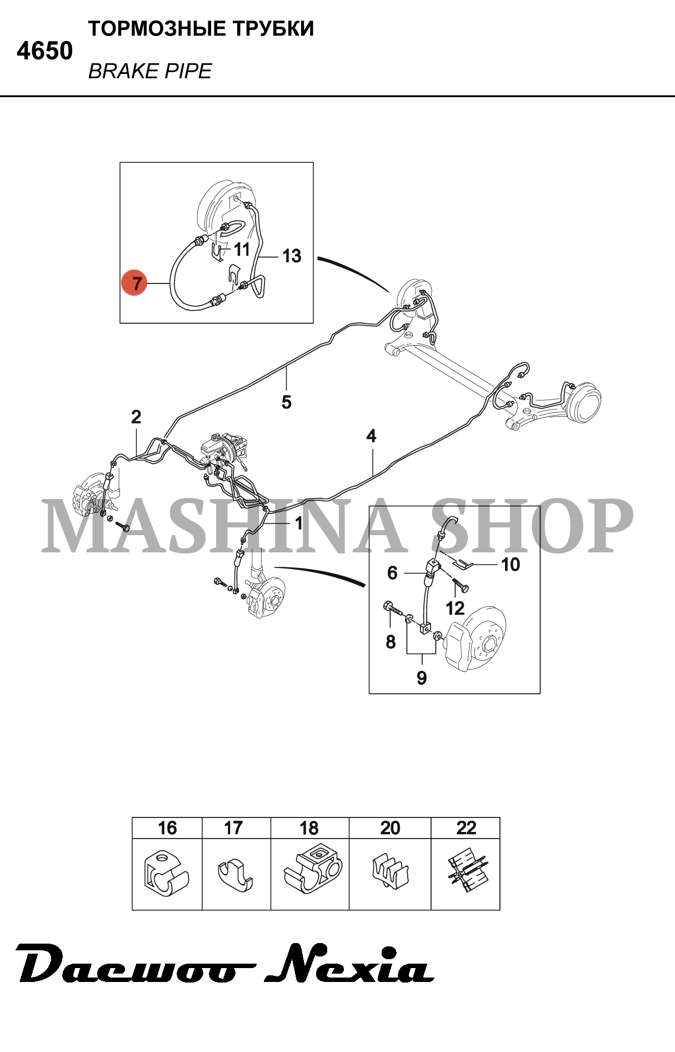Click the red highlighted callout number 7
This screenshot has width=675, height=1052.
[x=134, y=283]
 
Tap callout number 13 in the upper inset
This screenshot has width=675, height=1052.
[x=292, y=256]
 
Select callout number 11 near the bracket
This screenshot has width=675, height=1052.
[x=242, y=250]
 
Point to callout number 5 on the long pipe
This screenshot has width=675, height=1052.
[x=287, y=402]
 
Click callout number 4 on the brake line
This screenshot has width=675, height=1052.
[x=371, y=436]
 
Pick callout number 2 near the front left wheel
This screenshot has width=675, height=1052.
[x=136, y=417]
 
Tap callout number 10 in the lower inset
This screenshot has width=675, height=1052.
[x=511, y=565]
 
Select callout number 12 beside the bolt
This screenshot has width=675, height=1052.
[x=455, y=608]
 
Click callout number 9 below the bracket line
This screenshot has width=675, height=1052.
[x=422, y=677]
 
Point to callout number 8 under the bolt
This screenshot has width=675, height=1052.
[x=391, y=642]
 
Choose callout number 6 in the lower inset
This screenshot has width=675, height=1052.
[x=392, y=573]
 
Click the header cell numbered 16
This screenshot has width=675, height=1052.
[x=167, y=828]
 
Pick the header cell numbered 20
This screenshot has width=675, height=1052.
[x=390, y=828]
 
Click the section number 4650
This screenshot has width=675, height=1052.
[x=44, y=51]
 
